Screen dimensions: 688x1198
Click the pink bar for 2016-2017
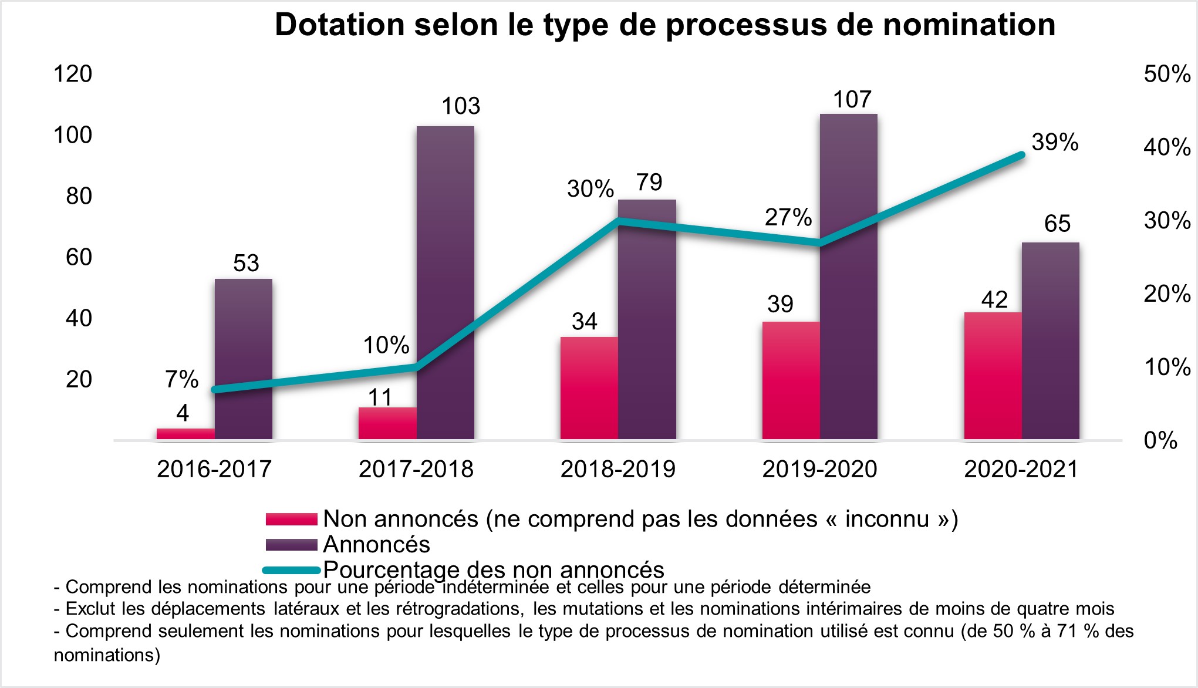185,434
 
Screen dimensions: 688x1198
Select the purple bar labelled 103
446,282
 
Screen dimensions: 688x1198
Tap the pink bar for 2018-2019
589,387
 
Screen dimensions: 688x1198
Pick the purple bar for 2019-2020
849,276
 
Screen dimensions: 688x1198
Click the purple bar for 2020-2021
1051,340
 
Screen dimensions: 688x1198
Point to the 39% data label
1055,143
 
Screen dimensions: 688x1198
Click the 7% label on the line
182,380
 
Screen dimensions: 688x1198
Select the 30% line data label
590,189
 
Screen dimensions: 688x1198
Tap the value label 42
994,300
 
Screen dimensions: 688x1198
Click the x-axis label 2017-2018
416,469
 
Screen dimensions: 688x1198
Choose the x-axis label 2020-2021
1021,469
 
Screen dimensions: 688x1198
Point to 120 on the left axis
73,75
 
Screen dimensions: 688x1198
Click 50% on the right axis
1167,75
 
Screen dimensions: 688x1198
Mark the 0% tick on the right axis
1160,440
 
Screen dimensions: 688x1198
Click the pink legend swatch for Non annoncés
291,520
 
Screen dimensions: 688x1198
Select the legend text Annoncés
376,545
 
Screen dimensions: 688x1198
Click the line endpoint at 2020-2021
1021,155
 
